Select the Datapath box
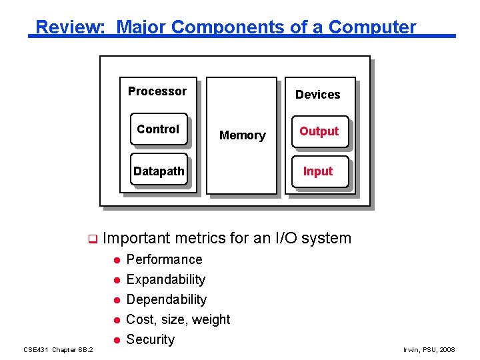[159, 171]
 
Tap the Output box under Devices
[319, 131]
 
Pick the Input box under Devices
[318, 171]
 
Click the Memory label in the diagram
[242, 135]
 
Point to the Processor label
[157, 91]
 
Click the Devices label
[317, 95]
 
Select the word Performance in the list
[164, 259]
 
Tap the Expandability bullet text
[165, 279]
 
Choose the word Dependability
[166, 299]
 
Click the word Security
[150, 339]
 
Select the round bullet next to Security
[115, 340]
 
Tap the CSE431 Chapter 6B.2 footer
[58, 349]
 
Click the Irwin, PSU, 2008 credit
[429, 349]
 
